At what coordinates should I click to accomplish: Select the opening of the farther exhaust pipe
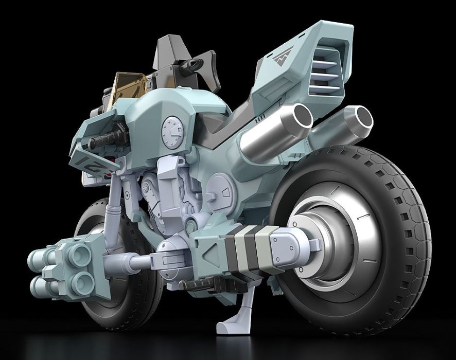(359, 120)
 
